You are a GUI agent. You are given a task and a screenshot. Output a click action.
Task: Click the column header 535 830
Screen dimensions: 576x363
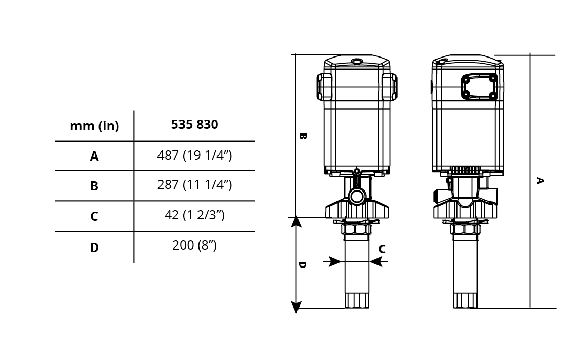pos(195,125)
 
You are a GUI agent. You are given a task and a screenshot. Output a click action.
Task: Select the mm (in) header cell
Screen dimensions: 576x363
pos(94,126)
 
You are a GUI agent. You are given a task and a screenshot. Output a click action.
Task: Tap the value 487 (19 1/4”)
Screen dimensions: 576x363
pos(195,155)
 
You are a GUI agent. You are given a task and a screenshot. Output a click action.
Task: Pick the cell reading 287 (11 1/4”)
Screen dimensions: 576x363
pos(195,184)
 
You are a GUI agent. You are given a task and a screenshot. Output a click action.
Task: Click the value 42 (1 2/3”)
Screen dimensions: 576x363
pos(195,215)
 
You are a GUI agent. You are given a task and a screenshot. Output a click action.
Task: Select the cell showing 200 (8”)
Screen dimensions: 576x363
pos(195,245)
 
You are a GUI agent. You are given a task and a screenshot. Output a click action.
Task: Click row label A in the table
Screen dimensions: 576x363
pos(94,156)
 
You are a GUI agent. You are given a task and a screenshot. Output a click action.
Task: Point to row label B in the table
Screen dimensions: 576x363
pos(94,186)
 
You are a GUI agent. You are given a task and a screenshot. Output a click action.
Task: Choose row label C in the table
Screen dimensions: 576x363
pos(94,216)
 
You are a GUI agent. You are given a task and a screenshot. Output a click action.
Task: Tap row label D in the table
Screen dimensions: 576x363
pos(94,247)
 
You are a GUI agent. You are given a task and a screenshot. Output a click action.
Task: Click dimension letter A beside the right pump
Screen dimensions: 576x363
pos(540,181)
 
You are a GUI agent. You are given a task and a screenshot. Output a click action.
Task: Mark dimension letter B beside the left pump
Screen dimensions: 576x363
pos(302,136)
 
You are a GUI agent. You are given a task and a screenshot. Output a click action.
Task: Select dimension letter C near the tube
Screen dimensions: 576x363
pos(382,250)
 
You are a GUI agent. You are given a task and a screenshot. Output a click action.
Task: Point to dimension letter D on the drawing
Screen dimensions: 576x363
pos(302,265)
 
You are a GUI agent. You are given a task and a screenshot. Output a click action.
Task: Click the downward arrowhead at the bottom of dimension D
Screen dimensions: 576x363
pos(296,307)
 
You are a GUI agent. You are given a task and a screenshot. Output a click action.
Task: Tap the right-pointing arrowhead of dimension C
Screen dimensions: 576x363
pos(334,261)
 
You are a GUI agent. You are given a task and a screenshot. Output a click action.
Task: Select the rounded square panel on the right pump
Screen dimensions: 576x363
pos(480,87)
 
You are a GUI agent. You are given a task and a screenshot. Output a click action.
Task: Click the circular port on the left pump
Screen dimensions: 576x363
pos(356,196)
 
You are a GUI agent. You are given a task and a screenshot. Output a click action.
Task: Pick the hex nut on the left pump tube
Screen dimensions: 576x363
pos(356,229)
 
